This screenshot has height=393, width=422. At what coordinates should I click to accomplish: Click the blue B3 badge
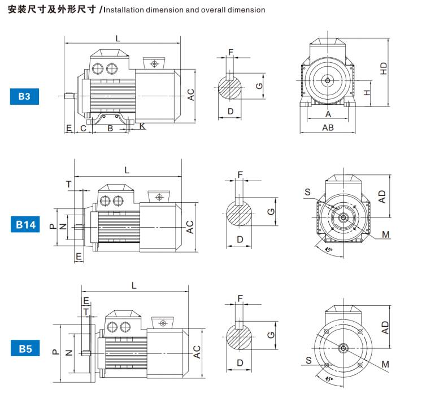pos(24,97)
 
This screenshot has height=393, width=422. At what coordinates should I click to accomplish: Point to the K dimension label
pos(143,126)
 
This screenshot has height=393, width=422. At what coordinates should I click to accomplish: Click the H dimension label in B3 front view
pos(366,92)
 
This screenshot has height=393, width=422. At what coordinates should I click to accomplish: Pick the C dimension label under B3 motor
pos(83,128)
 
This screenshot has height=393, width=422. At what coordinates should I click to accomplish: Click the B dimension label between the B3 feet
pos(110,128)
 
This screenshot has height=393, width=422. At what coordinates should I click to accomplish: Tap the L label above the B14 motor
pos(127,170)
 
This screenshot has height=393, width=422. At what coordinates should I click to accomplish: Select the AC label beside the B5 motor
pos(197,352)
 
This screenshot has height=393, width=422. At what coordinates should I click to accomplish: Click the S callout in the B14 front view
pos(308,193)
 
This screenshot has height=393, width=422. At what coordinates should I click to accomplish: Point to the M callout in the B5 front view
pos(384,363)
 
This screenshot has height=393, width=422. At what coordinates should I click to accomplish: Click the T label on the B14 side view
pos(69,184)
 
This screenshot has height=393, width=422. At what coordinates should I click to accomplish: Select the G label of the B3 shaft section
pos(258,86)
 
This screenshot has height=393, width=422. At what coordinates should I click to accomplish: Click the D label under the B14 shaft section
pos(240,240)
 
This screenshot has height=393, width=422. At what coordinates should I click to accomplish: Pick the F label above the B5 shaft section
pos(240,298)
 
